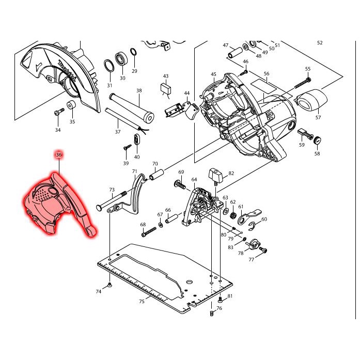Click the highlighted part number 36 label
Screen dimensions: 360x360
[x=58, y=154]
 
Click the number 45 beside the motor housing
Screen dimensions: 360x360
[x=213, y=75]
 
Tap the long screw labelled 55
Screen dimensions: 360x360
[x=302, y=82]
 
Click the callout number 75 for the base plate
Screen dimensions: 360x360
[x=142, y=301]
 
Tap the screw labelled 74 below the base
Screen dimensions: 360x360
[x=110, y=285]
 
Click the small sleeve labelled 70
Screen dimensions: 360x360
[x=156, y=176]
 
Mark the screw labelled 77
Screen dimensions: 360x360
[x=263, y=251]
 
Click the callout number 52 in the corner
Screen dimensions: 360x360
[x=320, y=43]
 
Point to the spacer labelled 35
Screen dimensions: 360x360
[x=72, y=107]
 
